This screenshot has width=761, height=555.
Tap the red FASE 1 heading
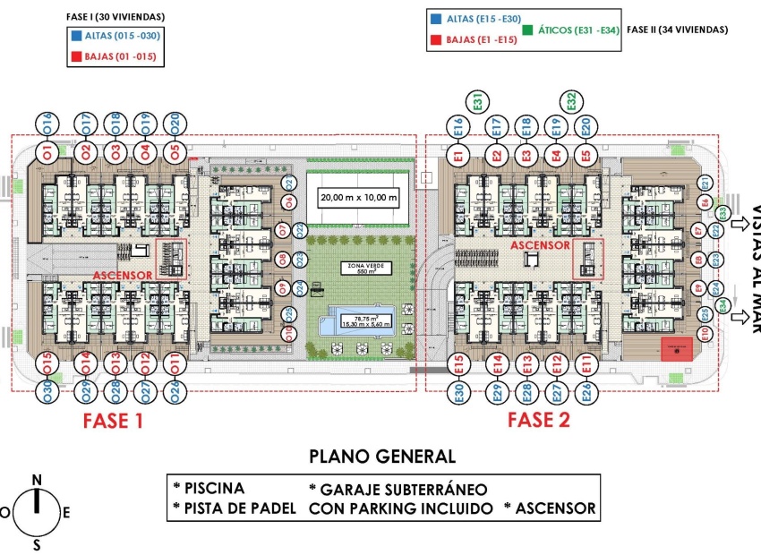coord(113,420)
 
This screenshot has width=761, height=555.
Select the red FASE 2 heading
coord(538,420)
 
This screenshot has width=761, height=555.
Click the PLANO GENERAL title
coord(382,457)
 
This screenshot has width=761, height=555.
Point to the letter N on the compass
coord(37,480)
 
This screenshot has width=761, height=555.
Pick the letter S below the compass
coord(37,543)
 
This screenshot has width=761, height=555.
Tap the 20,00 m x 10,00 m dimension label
coord(359,197)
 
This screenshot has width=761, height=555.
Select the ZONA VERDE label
coord(361,268)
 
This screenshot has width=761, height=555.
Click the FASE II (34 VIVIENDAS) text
coord(677,30)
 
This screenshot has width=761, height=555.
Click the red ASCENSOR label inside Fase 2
coord(540,244)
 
